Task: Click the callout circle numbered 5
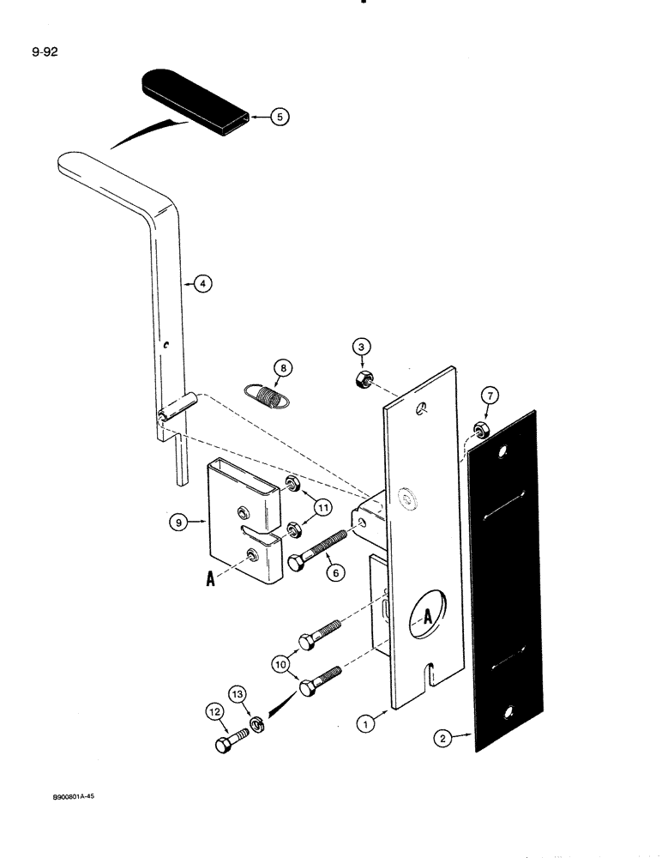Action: point(280,118)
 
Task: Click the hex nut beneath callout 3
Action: point(364,379)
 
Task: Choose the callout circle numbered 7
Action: point(490,396)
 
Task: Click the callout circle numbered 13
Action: point(237,693)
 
